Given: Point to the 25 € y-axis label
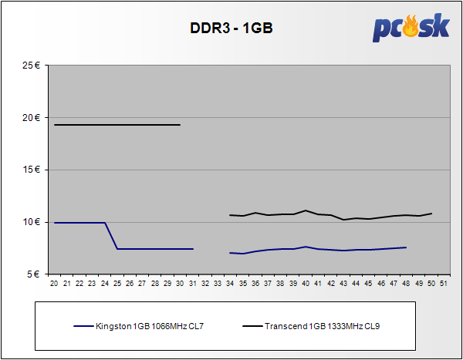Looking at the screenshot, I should tap(32, 66).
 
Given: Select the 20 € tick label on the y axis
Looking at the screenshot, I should tap(32, 118).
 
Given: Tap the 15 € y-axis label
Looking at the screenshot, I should tap(32, 170).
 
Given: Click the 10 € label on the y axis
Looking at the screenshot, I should tap(32, 222).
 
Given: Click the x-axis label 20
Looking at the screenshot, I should tap(54, 284).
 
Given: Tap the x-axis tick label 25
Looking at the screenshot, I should tap(117, 284).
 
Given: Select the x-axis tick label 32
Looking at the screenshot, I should tap(205, 284).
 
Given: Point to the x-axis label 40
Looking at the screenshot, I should tap(306, 284).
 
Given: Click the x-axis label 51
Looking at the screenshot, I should tap(444, 284).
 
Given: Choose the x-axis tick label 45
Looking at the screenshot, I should tap(368, 284).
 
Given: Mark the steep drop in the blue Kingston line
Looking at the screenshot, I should tap(111, 236).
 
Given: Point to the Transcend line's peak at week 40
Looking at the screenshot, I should tap(306, 210).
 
